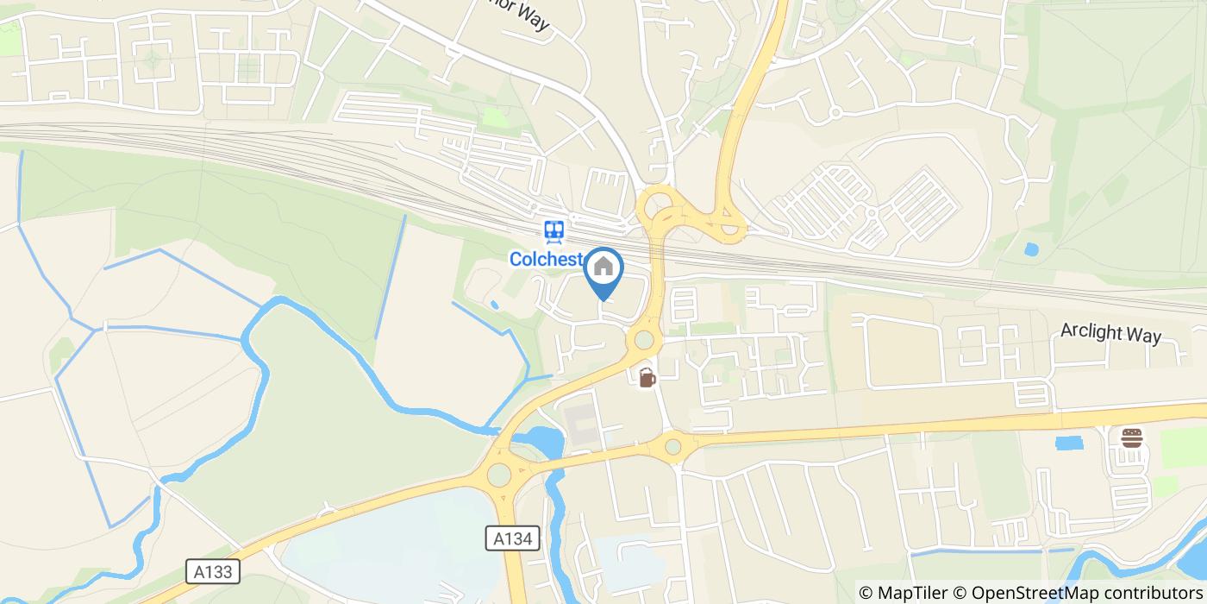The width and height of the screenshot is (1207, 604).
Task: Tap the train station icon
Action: point(553,230)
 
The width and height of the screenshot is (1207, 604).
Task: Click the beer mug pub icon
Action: point(646,377)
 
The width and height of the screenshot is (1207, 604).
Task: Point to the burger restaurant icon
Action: point(1131,437)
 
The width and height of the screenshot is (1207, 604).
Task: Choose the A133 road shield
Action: point(212,571)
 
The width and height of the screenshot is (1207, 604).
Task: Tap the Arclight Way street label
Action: point(1110,334)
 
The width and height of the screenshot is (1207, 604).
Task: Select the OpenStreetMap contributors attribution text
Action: point(1078,592)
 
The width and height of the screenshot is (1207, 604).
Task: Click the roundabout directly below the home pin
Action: point(643,339)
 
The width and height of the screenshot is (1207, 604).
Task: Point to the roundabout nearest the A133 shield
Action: point(498,475)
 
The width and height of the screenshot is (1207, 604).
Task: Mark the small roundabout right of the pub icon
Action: point(672,447)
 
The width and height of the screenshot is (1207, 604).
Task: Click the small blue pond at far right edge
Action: point(1030,249)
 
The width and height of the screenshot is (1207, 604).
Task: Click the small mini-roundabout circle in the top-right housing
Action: point(835,112)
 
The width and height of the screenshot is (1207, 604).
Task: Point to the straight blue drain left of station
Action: point(391,276)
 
